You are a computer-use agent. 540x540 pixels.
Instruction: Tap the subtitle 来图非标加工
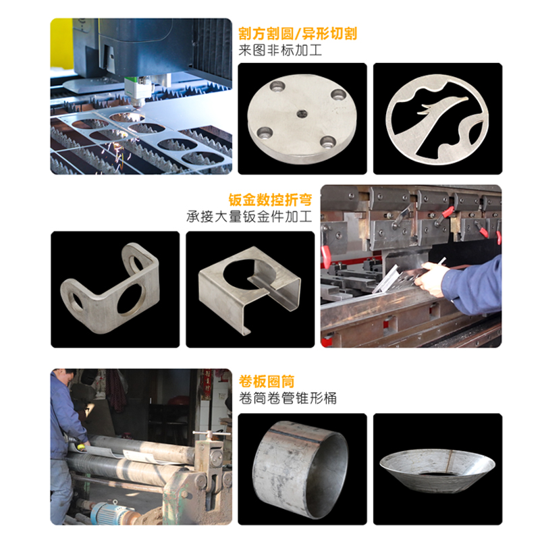coord(280,51)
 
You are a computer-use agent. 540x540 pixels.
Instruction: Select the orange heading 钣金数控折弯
coord(271,200)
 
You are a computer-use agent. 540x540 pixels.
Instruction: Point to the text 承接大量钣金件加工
coord(250,217)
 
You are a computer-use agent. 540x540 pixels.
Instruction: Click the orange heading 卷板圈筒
coord(267,382)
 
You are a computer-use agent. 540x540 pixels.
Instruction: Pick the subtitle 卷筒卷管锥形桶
coord(288,399)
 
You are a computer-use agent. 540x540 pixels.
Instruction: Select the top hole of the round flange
coord(275,86)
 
